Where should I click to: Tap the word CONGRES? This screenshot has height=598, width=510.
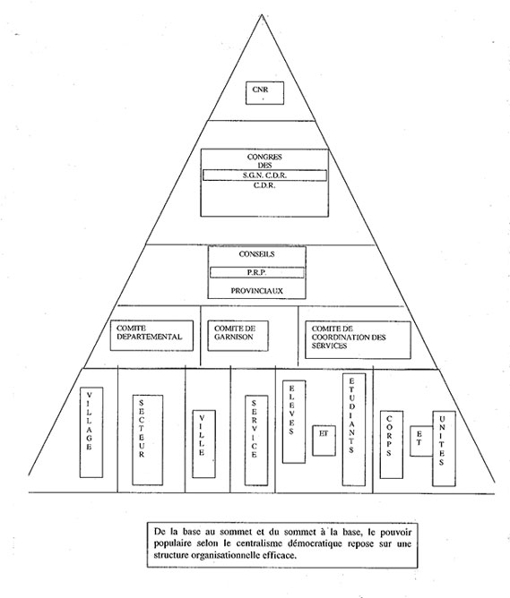[264, 157]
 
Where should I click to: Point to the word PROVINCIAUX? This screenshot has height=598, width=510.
[257, 291]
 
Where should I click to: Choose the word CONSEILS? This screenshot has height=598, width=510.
[256, 254]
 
